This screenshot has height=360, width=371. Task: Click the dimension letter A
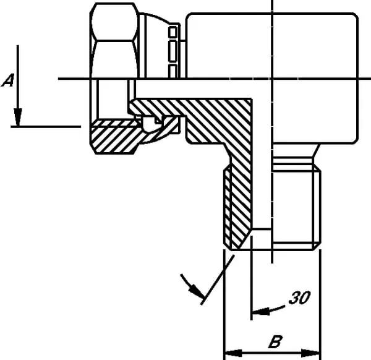pyautogui.click(x=8, y=80)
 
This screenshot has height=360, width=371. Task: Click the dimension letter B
pyautogui.click(x=275, y=341)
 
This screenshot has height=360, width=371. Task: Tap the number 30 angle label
pyautogui.click(x=299, y=298)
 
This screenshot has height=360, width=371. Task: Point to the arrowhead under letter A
pyautogui.click(x=17, y=117)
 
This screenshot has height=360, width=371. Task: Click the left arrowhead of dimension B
pyautogui.click(x=233, y=353)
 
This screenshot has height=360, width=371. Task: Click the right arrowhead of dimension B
pyautogui.click(x=310, y=353)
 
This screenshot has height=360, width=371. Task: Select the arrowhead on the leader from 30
pyautogui.click(x=260, y=312)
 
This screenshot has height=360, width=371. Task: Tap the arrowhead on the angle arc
pyautogui.click(x=197, y=291)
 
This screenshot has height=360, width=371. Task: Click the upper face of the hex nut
pyautogui.click(x=114, y=22)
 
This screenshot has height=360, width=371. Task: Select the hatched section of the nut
pyautogui.click(x=114, y=137)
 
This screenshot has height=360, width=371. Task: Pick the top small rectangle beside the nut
pyautogui.click(x=173, y=32)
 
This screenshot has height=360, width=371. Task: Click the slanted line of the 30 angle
pyautogui.click(x=218, y=280)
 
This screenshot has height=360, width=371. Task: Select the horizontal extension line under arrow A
pyautogui.click(x=46, y=127)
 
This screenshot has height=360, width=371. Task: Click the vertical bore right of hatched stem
pyautogui.click(x=262, y=163)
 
